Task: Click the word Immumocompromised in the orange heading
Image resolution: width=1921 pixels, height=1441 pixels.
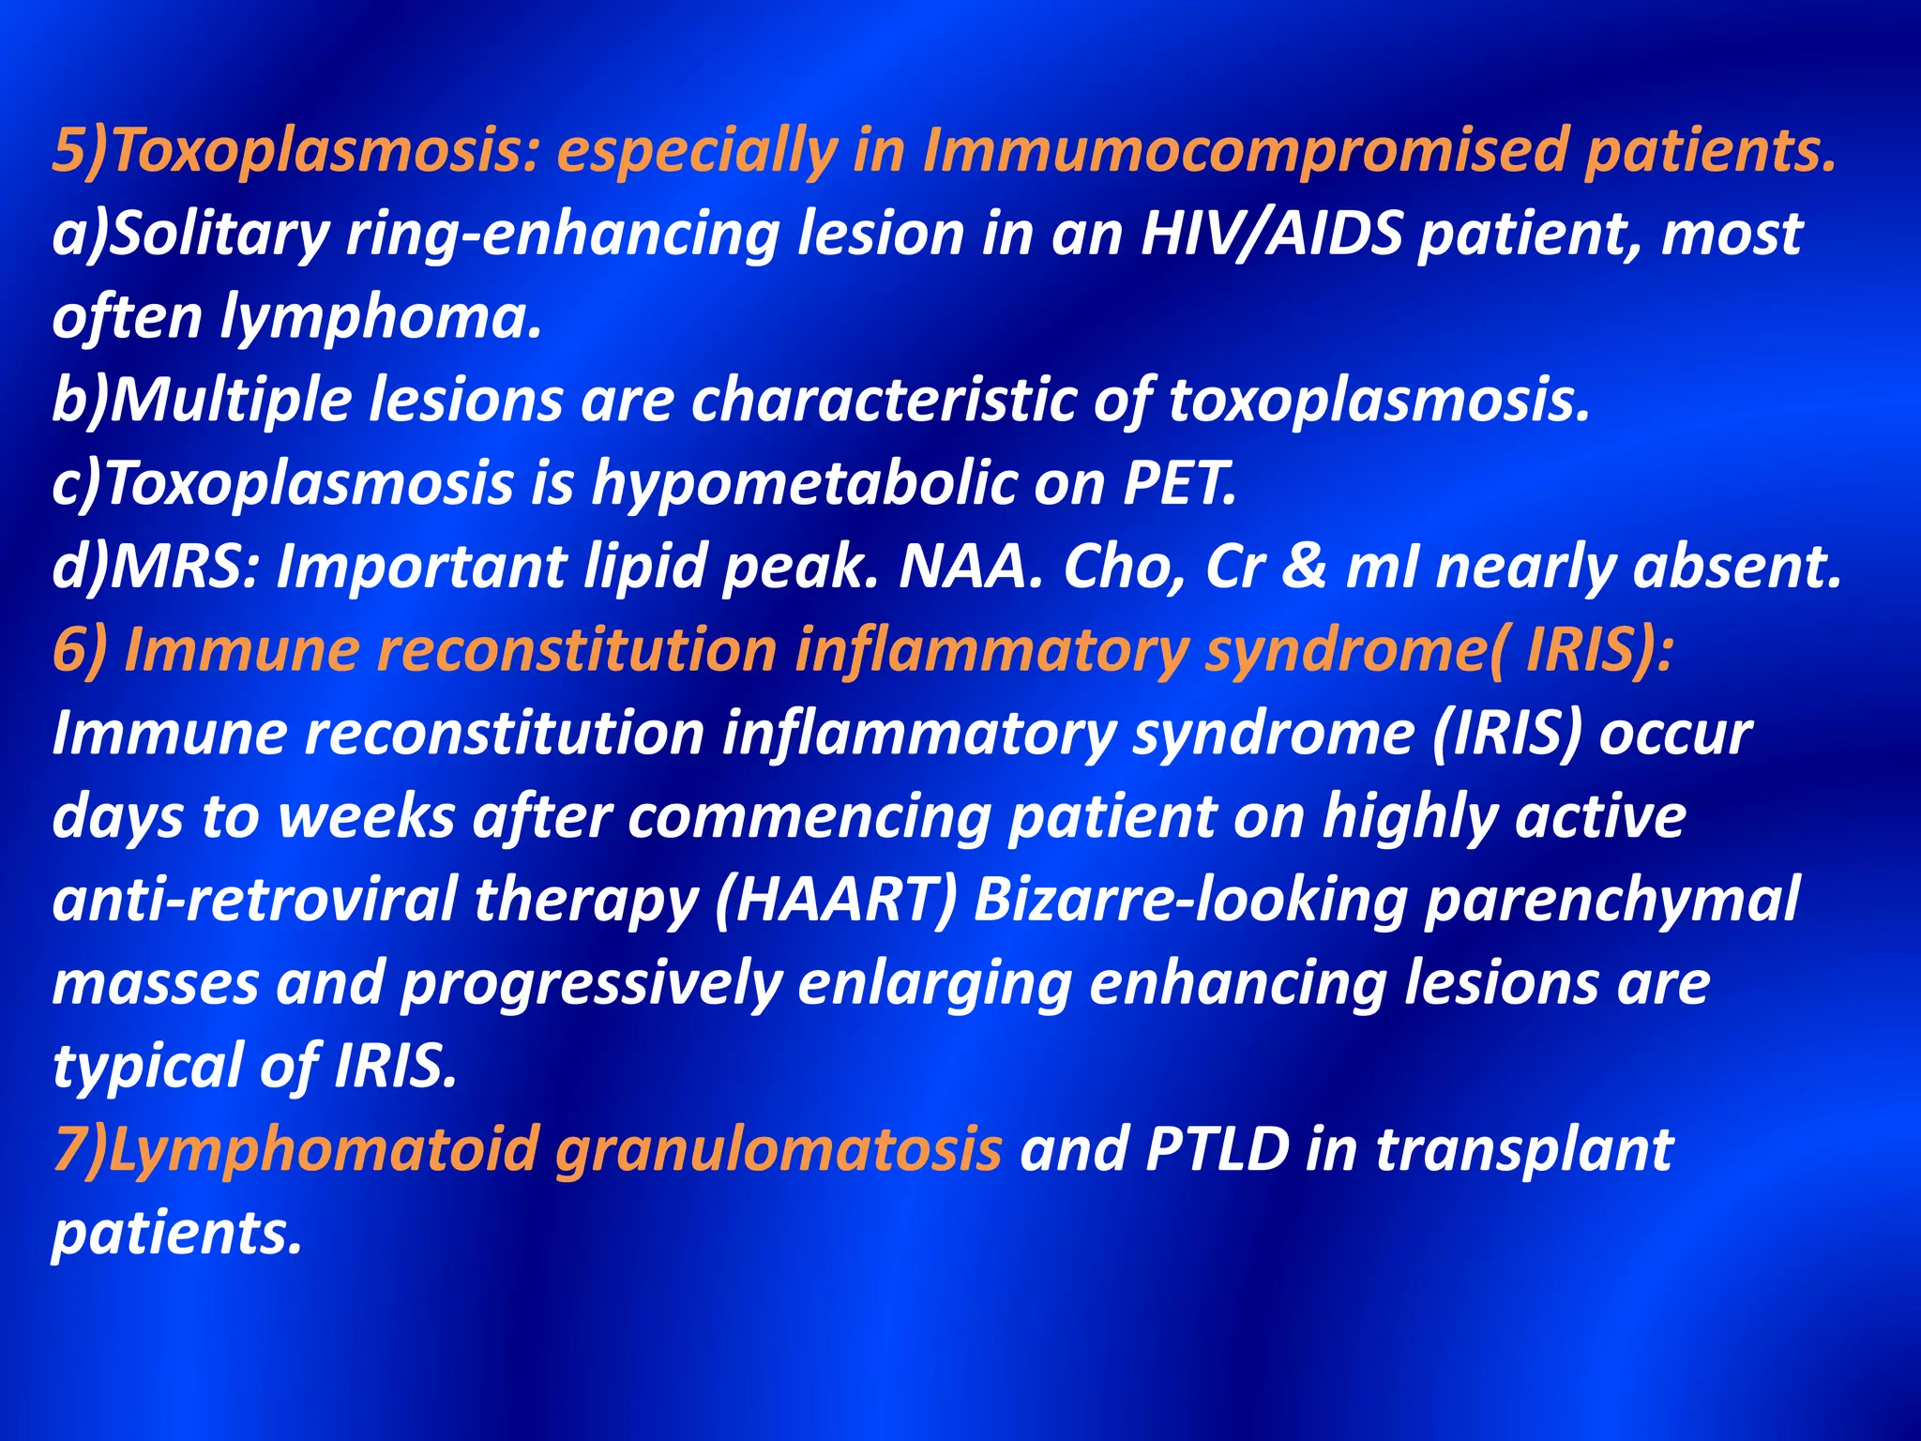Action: point(1244,150)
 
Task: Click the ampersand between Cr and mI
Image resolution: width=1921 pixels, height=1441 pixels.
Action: point(1303,567)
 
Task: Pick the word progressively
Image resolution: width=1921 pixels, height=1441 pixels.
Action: point(592,982)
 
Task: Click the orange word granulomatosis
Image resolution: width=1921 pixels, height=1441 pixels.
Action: point(779,1149)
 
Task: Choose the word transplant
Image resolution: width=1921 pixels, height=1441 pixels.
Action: point(1524,1149)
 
